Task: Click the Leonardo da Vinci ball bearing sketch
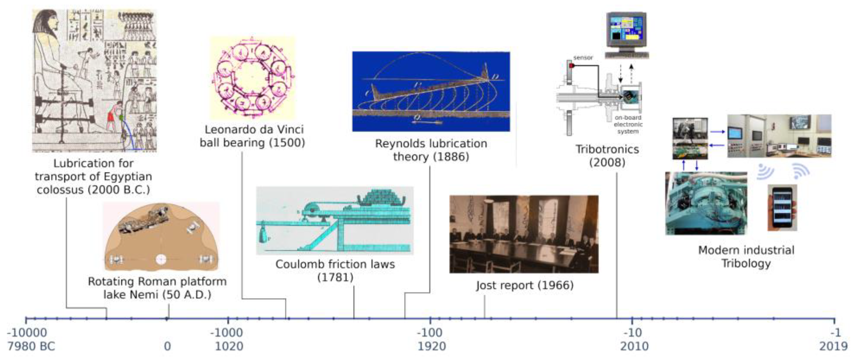click(252, 78)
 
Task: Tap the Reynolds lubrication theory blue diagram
click(431, 91)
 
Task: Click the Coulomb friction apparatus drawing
click(334, 221)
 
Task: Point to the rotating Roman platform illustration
click(161, 237)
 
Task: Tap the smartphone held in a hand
click(782, 208)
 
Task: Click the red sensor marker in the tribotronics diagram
click(571, 66)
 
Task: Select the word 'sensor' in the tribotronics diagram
click(583, 58)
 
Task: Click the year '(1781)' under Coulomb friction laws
click(335, 277)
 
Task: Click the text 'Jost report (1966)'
click(525, 285)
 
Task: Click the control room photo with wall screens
click(779, 136)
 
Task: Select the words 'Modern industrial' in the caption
click(746, 250)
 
